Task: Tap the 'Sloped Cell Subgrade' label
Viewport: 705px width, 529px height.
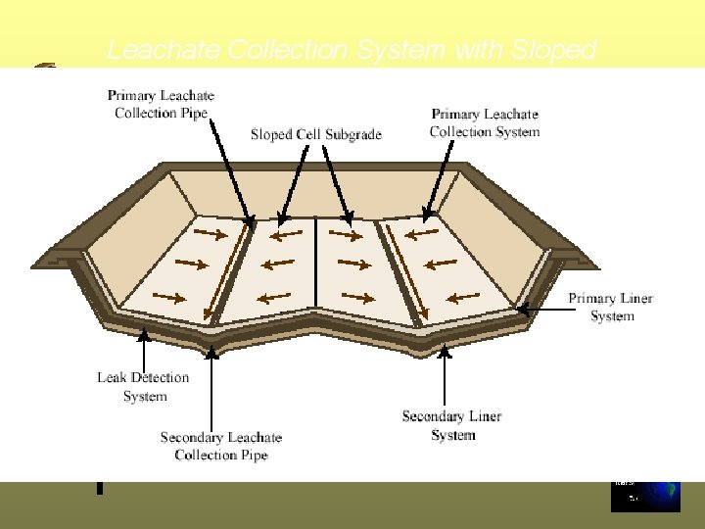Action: click(x=316, y=134)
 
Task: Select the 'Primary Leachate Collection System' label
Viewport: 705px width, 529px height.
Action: click(x=484, y=123)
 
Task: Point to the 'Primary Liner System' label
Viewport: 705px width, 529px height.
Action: click(x=611, y=307)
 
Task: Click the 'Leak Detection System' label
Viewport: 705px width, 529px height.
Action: click(x=143, y=387)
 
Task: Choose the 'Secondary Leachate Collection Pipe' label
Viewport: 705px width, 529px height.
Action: click(x=220, y=446)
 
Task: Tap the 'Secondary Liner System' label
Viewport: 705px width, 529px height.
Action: click(x=451, y=425)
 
